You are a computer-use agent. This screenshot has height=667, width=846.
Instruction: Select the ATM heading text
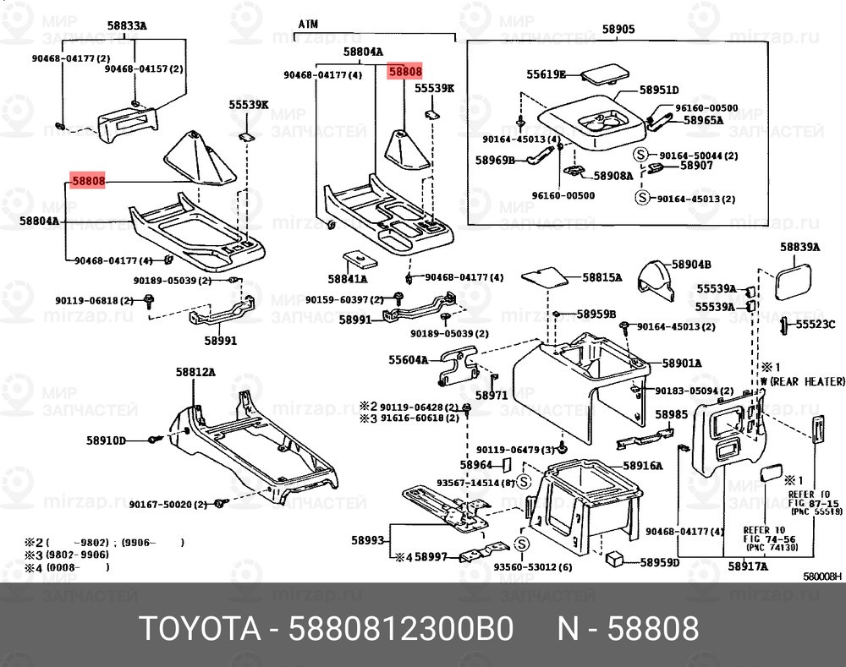point(308,26)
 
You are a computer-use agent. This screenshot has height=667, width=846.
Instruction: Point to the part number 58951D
point(659,90)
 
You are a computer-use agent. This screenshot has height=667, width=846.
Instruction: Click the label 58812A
point(195,371)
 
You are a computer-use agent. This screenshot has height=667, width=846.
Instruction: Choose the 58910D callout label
point(106,440)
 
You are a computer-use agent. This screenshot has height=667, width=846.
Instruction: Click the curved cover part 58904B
point(656,280)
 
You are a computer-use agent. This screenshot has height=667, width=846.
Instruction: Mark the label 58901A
point(682,364)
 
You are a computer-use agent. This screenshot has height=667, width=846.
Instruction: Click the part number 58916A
point(643,466)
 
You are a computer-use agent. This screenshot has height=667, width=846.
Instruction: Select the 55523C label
point(818,324)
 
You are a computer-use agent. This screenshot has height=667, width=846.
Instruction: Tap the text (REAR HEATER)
point(801,381)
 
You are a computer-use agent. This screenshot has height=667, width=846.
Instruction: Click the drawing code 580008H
point(821,577)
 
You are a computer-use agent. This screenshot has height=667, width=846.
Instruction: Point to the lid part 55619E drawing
point(602,74)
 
